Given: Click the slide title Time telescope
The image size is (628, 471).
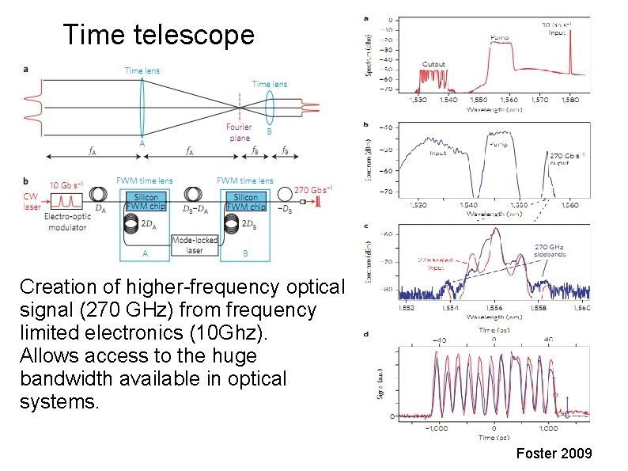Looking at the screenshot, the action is click(x=158, y=36).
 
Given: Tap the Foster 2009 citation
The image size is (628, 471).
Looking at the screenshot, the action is click(x=554, y=454).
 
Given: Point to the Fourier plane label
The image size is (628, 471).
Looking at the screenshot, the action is click(x=239, y=132).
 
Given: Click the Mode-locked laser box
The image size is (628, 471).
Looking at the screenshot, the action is click(x=195, y=245).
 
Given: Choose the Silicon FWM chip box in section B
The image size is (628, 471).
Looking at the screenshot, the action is click(x=245, y=202).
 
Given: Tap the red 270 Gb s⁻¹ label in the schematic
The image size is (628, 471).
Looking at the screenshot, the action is click(x=313, y=190).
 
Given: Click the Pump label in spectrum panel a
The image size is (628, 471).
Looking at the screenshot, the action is click(x=500, y=37).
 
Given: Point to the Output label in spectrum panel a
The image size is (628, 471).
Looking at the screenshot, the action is click(x=433, y=64).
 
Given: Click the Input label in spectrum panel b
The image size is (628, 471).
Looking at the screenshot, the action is click(x=437, y=154).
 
